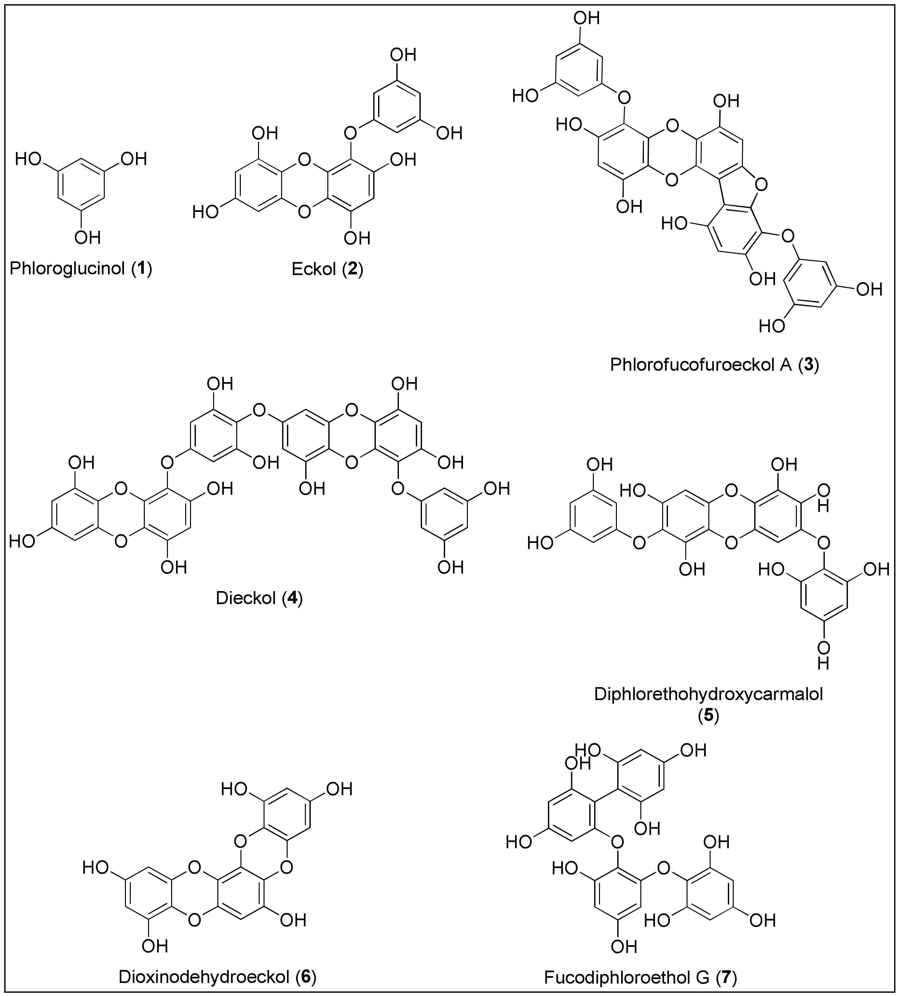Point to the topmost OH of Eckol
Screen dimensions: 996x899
click(403, 54)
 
